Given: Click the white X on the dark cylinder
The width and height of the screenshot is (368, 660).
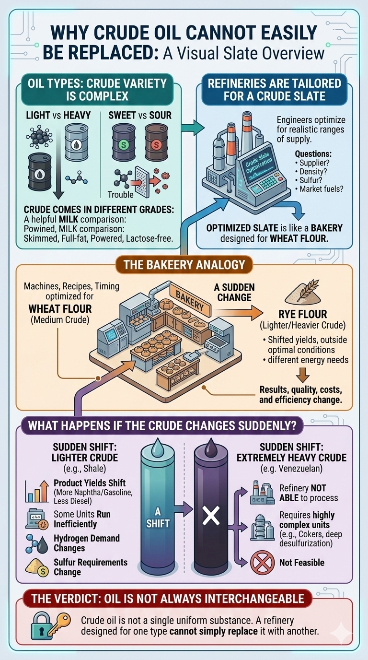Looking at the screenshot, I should coord(211,516).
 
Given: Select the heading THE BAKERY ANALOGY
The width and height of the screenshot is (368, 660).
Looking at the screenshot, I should coord(184,264).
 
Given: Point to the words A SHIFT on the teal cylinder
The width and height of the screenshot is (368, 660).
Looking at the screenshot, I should coord(158,517).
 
